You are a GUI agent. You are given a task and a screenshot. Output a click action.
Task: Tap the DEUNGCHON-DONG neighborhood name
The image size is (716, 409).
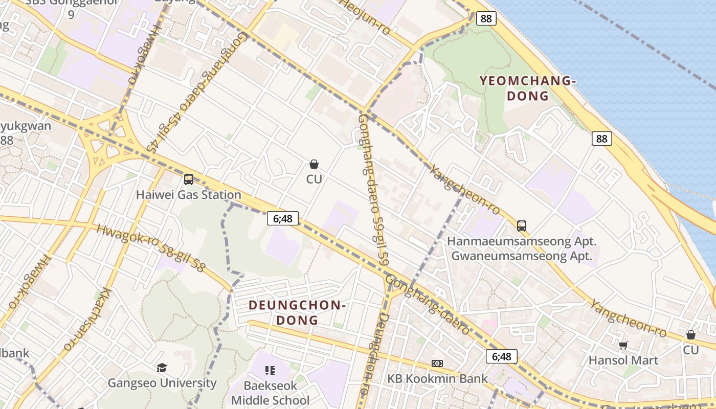[x=298, y=313]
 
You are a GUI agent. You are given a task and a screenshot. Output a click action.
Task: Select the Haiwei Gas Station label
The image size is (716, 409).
[x=188, y=195]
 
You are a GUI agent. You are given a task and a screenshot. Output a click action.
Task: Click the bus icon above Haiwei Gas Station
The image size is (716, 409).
[x=189, y=179]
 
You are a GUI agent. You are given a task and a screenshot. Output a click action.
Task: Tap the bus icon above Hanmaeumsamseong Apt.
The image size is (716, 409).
[x=521, y=225]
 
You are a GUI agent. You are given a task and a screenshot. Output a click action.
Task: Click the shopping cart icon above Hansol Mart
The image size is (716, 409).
[x=623, y=346]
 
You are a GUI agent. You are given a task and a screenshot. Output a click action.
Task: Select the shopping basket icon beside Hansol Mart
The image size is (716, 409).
[x=690, y=335]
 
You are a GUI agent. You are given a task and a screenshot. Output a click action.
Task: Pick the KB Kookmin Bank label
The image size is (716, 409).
[x=437, y=379]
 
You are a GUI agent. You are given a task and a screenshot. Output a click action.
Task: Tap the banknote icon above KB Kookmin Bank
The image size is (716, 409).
[x=437, y=363]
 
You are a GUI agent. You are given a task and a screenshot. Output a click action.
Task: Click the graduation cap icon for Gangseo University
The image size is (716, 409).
[x=162, y=368]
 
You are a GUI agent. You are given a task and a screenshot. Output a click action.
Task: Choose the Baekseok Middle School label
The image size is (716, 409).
[x=270, y=393]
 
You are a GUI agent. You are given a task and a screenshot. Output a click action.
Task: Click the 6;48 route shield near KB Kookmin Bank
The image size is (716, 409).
[x=501, y=356]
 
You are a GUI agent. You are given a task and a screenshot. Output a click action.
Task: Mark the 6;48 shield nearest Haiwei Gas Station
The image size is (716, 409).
[x=282, y=218]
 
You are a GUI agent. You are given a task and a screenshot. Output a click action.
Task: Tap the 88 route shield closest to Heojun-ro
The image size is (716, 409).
[x=486, y=18]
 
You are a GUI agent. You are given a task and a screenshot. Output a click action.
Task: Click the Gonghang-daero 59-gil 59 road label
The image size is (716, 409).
[x=372, y=189]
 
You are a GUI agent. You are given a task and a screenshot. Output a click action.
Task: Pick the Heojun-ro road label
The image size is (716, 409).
[x=365, y=17]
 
